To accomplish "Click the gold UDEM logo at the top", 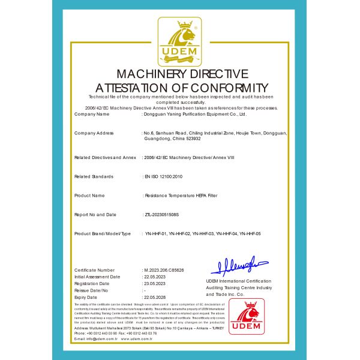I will [x=179, y=42].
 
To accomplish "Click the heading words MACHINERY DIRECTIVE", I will [x=180, y=74].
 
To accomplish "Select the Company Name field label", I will [x=92, y=113].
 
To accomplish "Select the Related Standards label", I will [x=94, y=176].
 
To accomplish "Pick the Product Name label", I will [x=89, y=196].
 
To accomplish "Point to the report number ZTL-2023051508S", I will [x=162, y=214].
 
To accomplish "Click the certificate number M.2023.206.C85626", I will [x=164, y=271].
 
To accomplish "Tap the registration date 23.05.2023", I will [x=154, y=284].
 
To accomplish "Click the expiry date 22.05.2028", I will [x=154, y=297].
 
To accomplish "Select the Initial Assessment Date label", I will [x=97, y=277].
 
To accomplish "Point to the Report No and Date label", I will [x=95, y=214].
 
